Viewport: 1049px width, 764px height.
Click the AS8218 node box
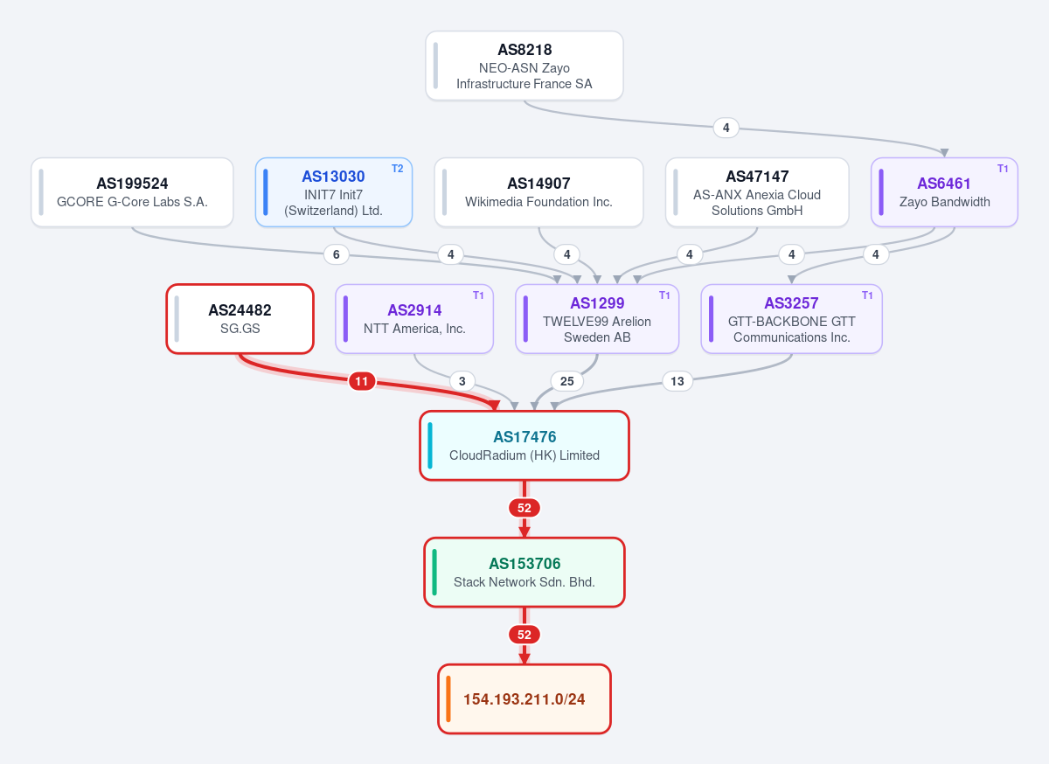[524, 66]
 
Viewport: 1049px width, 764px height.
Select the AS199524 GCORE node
[132, 192]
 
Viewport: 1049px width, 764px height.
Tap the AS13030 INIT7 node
[333, 192]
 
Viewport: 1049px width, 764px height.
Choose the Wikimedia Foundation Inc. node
[538, 192]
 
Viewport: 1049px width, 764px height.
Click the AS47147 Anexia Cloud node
[757, 192]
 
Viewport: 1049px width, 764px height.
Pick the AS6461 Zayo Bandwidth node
[944, 192]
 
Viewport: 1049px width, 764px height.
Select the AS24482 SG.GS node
[240, 319]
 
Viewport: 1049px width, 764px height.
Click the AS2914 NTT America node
[414, 319]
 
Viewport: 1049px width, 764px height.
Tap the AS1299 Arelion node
[597, 319]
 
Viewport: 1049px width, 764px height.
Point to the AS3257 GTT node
[791, 319]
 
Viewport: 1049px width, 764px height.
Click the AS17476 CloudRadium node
[524, 446]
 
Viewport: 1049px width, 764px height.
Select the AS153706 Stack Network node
[524, 573]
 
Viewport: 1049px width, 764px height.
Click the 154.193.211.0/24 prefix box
[524, 699]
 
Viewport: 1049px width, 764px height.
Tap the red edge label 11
[362, 381]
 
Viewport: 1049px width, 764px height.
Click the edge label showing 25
[566, 381]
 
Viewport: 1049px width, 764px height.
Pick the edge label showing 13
[677, 381]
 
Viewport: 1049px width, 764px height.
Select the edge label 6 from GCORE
[337, 254]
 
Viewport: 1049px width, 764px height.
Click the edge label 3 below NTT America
[462, 381]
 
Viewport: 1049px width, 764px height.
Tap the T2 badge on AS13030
[397, 169]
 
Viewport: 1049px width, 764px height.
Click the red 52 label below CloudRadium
[524, 508]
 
